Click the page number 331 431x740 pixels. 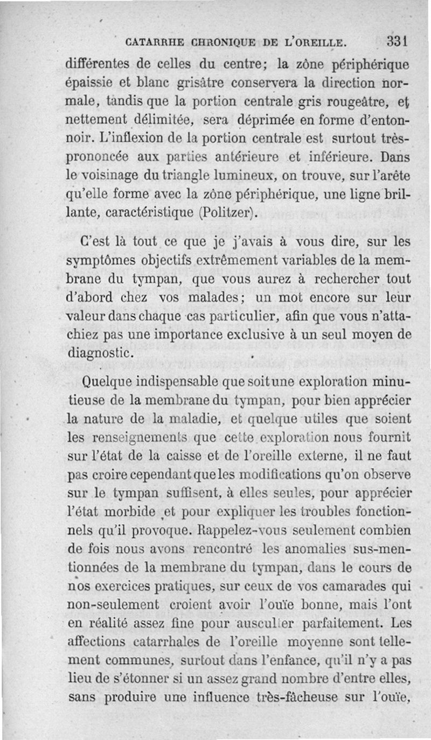point(399,42)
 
